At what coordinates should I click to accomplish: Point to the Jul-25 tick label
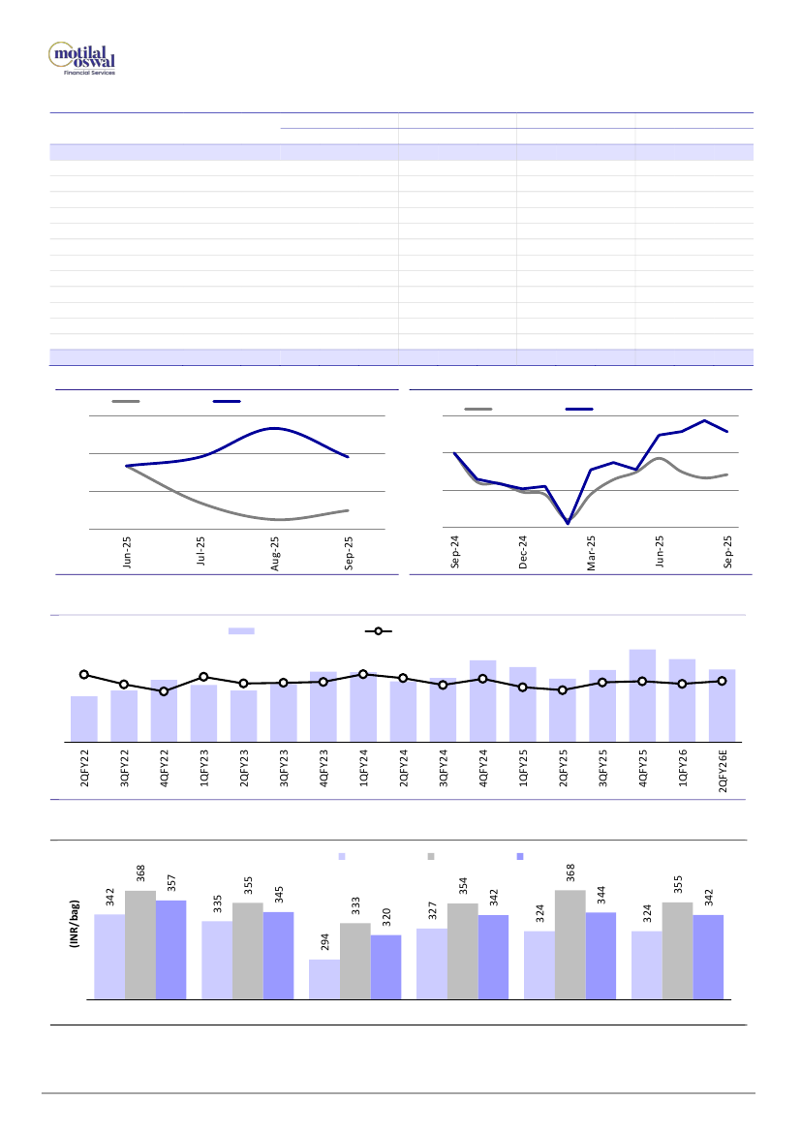[201, 555]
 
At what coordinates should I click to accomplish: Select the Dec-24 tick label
[523, 555]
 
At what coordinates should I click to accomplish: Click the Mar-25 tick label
[591, 555]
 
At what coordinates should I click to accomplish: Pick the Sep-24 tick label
[455, 555]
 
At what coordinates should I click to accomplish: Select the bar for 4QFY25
[642, 693]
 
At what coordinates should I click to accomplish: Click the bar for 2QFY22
[84, 717]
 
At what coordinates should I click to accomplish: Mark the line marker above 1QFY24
[363, 674]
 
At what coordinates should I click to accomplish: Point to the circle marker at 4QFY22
[164, 691]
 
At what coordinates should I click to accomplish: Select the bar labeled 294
[323, 978]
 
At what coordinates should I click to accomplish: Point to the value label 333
[355, 906]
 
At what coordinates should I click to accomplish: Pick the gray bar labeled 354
[463, 950]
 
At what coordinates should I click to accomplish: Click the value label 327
[432, 912]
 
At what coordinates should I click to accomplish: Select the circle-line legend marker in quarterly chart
[378, 631]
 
